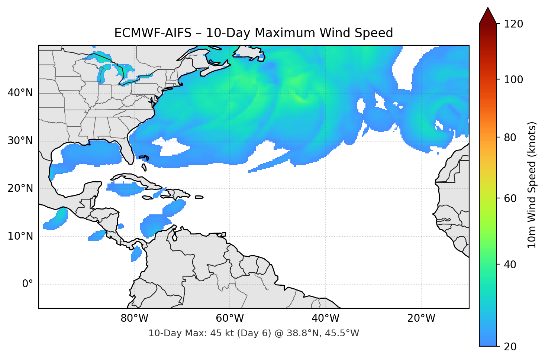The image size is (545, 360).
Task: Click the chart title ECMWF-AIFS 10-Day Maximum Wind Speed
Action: coord(254,33)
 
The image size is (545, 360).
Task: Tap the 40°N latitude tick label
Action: coord(20,93)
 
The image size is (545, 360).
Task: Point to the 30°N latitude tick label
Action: coord(20,141)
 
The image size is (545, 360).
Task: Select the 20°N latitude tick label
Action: coord(20,188)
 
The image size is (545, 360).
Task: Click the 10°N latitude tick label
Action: coord(20,236)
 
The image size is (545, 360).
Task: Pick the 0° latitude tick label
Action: coord(28,284)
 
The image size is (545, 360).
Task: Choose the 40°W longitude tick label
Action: coord(325,318)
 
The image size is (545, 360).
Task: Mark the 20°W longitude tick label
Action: coord(421,318)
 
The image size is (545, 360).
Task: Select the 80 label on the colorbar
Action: coord(510,137)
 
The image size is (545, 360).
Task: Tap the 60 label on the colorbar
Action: coord(510,198)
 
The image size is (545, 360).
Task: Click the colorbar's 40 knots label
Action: coord(510,265)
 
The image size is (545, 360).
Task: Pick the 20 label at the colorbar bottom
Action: coord(510,347)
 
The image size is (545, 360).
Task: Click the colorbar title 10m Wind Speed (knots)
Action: coord(532,185)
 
